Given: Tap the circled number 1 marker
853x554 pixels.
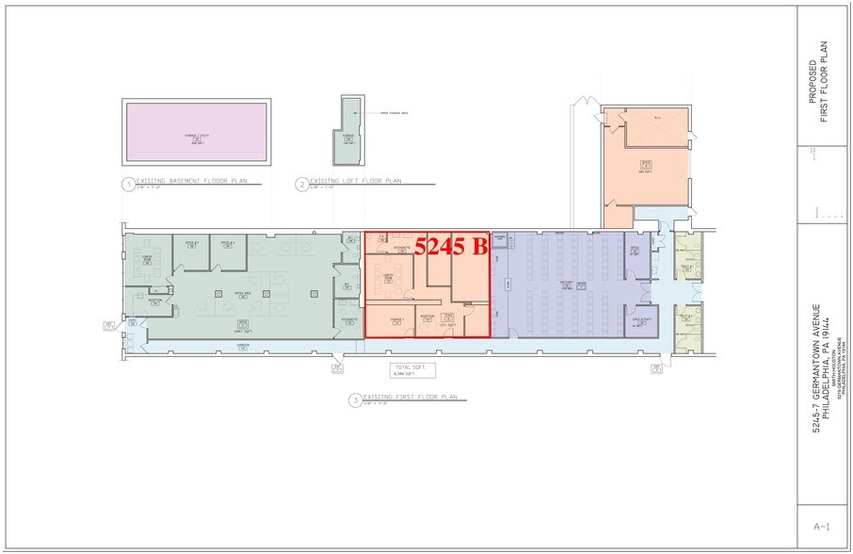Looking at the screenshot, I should (x=127, y=185).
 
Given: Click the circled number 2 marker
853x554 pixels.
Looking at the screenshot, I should (x=301, y=185).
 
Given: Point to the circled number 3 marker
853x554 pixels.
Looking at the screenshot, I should (x=355, y=399).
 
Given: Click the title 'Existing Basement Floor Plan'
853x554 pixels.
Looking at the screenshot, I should (x=185, y=180).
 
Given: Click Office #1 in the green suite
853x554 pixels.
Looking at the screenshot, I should (x=190, y=248).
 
